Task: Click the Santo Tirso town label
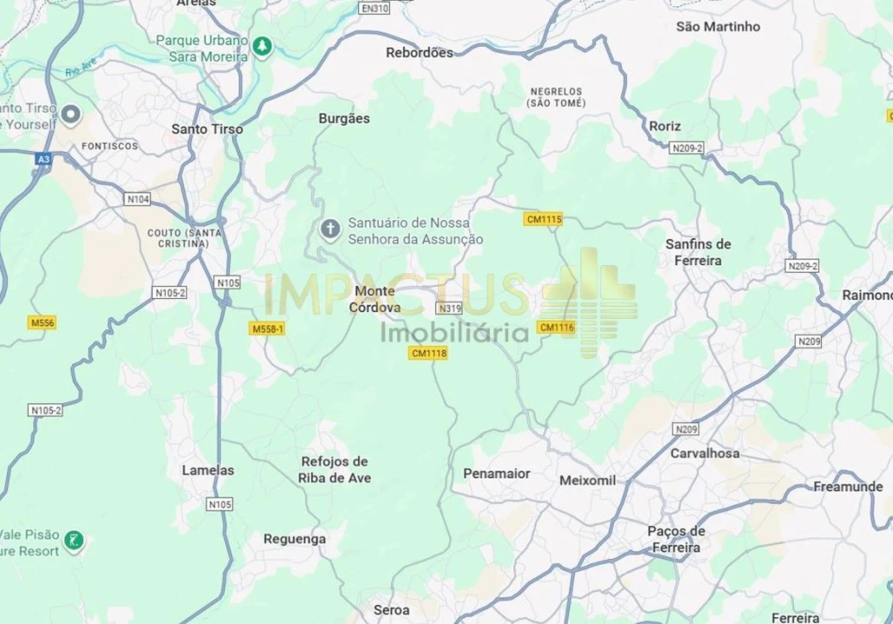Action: point(207,128)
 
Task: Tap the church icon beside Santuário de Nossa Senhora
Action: point(329,229)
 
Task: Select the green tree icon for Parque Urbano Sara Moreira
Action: point(263,44)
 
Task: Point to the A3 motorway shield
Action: point(43,159)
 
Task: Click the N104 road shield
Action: point(138,199)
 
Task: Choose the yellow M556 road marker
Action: point(42,322)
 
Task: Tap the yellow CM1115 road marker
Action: point(544,219)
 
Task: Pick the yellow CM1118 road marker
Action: point(429,353)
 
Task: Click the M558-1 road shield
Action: point(267,328)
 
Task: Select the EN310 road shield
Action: point(375,9)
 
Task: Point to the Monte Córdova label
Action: point(375,299)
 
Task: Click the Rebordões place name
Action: point(420,52)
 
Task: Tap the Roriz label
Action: point(665,126)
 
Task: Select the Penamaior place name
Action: point(497,473)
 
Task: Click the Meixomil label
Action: point(588,479)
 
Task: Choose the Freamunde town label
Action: point(848,486)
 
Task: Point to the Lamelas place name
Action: point(208,470)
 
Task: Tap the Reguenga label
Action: point(295,538)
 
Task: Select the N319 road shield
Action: point(449,308)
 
